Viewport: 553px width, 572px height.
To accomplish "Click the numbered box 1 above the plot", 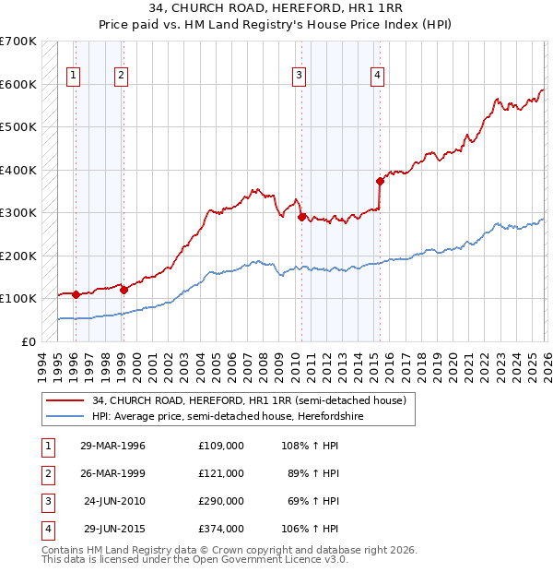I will point(73,77).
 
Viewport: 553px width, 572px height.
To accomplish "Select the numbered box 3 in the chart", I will point(300,77).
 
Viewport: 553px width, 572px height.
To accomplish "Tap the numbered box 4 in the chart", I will point(378,77).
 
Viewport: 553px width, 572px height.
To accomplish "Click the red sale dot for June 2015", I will point(380,181).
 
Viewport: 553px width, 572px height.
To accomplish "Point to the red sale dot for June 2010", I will point(301,217).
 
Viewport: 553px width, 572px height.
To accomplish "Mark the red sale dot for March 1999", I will point(124,290).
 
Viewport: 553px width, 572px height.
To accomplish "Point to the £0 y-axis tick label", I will point(29,341).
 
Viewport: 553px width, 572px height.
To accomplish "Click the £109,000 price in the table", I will point(220,445).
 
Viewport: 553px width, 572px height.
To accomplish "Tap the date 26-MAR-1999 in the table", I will point(112,472).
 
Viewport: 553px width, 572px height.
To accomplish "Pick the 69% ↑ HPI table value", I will point(311,501).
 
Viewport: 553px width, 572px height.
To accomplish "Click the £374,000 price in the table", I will point(220,529).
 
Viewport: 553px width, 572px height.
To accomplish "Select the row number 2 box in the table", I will point(46,472).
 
